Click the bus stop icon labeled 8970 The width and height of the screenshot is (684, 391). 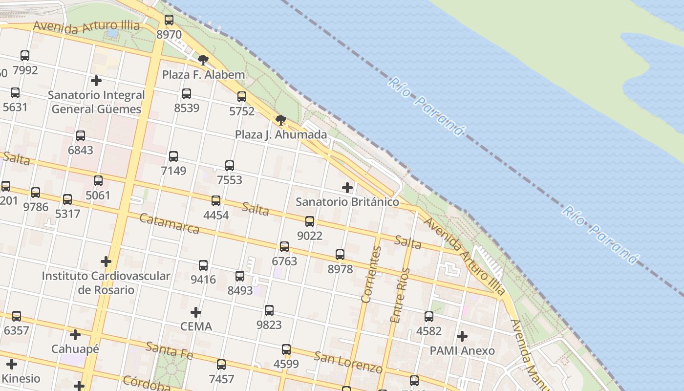pyautogui.click(x=169, y=20)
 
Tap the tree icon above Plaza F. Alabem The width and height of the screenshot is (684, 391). pyautogui.click(x=203, y=60)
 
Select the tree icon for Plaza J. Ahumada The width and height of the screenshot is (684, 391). pyautogui.click(x=280, y=120)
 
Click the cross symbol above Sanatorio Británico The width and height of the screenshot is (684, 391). pyautogui.click(x=347, y=188)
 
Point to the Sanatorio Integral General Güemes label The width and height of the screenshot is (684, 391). pyautogui.click(x=96, y=102)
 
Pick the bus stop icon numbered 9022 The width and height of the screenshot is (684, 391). pyautogui.click(x=310, y=221)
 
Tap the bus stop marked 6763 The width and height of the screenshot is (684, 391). pyautogui.click(x=284, y=247)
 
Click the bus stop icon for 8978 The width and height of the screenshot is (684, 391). pyautogui.click(x=340, y=255)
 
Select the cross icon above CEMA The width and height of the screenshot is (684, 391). pyautogui.click(x=196, y=312)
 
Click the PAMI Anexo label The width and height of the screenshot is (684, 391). pyautogui.click(x=462, y=351)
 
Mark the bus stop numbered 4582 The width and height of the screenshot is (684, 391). pyautogui.click(x=429, y=317)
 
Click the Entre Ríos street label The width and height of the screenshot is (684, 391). pyautogui.click(x=400, y=295)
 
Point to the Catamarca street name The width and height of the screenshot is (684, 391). pyautogui.click(x=169, y=223)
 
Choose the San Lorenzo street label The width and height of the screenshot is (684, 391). pyautogui.click(x=348, y=362)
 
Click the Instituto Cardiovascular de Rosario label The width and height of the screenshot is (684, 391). pyautogui.click(x=106, y=283)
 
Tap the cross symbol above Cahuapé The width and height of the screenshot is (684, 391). pyautogui.click(x=75, y=335)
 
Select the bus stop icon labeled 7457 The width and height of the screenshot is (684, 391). pyautogui.click(x=221, y=365)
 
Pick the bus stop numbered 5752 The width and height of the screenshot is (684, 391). pyautogui.click(x=242, y=97)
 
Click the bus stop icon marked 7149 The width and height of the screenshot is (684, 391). pyautogui.click(x=173, y=156)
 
